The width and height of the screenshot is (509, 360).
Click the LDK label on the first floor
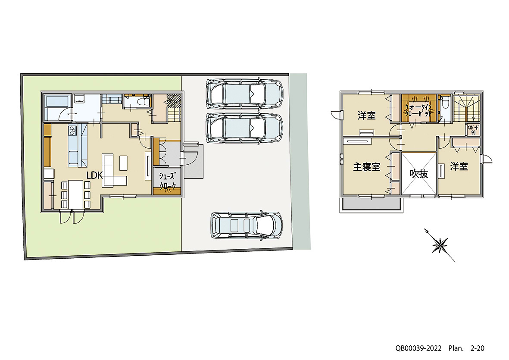pyautogui.click(x=94, y=175)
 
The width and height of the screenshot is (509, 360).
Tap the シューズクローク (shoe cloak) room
pyautogui.click(x=167, y=181)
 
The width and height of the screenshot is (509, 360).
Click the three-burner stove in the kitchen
pyautogui.click(x=72, y=130)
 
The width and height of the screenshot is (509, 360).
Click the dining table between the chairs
pyautogui.click(x=76, y=194)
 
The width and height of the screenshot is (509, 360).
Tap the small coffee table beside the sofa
pyautogui.click(x=124, y=162)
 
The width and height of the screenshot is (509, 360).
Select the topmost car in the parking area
pyautogui.click(x=244, y=93)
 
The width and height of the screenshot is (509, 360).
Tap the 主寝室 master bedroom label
pyautogui.click(x=367, y=167)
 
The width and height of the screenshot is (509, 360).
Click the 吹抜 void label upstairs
pyautogui.click(x=418, y=174)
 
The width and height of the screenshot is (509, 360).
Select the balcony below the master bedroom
pyautogui.click(x=371, y=205)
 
